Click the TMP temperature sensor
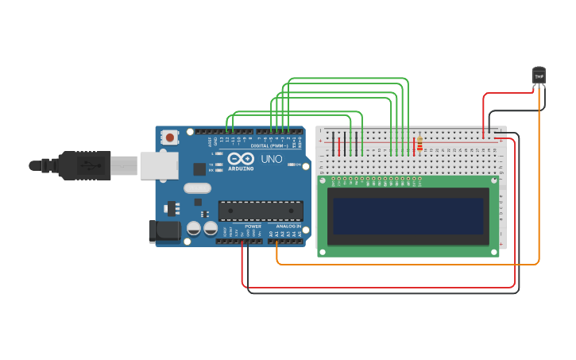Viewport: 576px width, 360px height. coord(539,75)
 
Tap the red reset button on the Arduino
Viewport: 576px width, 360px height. coord(169,137)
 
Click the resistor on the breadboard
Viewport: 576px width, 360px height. coord(419,145)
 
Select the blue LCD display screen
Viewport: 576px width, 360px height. coord(408,216)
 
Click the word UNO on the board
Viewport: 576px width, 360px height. coord(272,159)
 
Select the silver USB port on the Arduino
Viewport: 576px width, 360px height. coord(158,165)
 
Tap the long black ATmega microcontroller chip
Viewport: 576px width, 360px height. coord(261,211)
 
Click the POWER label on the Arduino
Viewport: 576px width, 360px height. coord(253,226)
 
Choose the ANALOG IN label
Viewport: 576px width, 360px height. coord(287,226)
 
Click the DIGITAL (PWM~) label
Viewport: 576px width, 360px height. coord(267,145)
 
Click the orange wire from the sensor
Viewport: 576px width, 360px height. coord(539,199)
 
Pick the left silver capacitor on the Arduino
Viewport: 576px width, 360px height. coord(193,228)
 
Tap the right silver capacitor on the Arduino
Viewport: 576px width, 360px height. coord(211,228)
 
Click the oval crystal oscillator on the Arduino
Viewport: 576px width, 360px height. coord(197,188)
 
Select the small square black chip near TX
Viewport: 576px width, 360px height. coord(199,168)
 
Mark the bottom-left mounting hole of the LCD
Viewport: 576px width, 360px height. coord(322,252)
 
